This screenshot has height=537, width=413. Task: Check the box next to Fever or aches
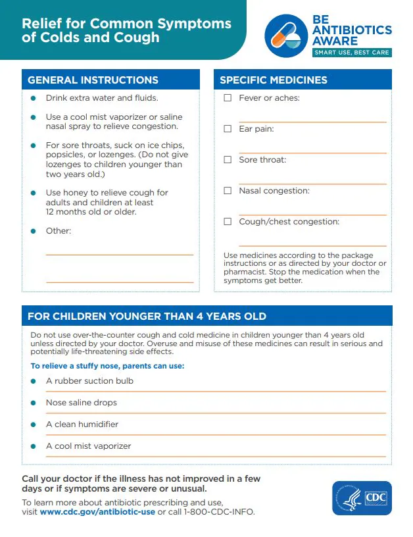[228, 98]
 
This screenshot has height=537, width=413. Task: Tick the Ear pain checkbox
[228, 129]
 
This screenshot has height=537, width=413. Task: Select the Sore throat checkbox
[228, 160]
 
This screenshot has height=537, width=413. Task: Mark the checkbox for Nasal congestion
[228, 191]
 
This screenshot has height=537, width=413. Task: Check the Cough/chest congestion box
[228, 222]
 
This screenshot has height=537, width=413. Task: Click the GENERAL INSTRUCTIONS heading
[93, 80]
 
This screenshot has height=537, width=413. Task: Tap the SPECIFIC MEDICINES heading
[274, 80]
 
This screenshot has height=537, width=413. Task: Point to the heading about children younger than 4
[147, 317]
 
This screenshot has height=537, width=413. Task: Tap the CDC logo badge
[362, 498]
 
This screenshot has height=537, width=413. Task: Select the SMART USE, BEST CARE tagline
[352, 53]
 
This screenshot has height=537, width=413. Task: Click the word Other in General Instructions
[58, 231]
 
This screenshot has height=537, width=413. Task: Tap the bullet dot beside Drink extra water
[33, 98]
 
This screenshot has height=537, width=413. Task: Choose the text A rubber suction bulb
[89, 381]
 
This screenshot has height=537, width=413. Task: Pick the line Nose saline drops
[82, 403]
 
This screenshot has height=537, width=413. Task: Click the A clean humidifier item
[82, 424]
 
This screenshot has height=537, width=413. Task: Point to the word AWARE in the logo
[336, 40]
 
